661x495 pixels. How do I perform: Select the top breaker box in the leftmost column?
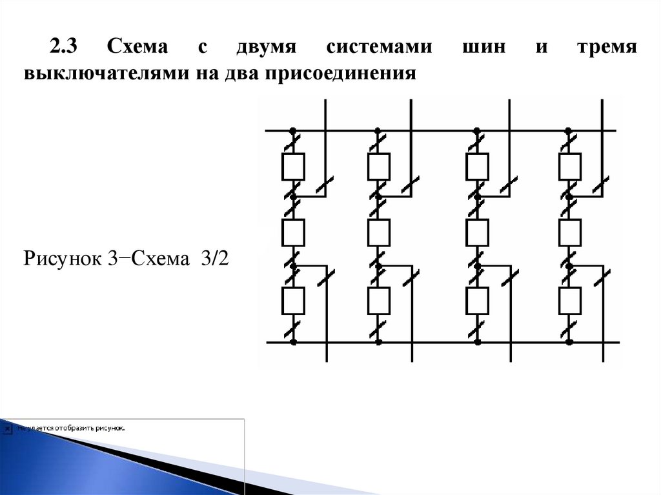tap(293, 167)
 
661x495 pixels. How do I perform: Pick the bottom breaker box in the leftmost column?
tap(293, 299)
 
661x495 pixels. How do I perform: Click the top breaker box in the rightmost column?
tap(570, 167)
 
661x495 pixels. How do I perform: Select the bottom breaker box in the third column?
tap(477, 299)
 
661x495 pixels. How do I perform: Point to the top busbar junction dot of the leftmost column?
tap(292, 130)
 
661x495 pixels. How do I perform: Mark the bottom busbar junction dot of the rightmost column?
tap(569, 342)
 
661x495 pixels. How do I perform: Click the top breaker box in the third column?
tap(477, 167)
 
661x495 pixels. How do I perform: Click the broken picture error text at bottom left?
tap(71, 427)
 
